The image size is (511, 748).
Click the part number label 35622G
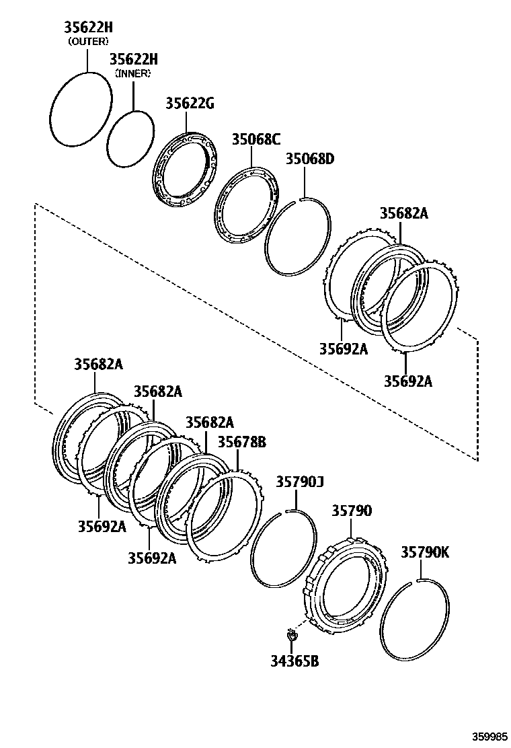(x=190, y=104)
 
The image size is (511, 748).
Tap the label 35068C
(x=256, y=140)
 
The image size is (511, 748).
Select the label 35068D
(x=310, y=159)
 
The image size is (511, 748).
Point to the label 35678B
(x=241, y=442)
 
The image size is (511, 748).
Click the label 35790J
(x=300, y=482)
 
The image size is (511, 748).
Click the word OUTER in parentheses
(x=88, y=41)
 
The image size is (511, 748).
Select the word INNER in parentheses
(x=133, y=73)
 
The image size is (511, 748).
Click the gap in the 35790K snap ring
(x=418, y=580)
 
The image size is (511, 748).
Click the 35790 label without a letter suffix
(x=351, y=511)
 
